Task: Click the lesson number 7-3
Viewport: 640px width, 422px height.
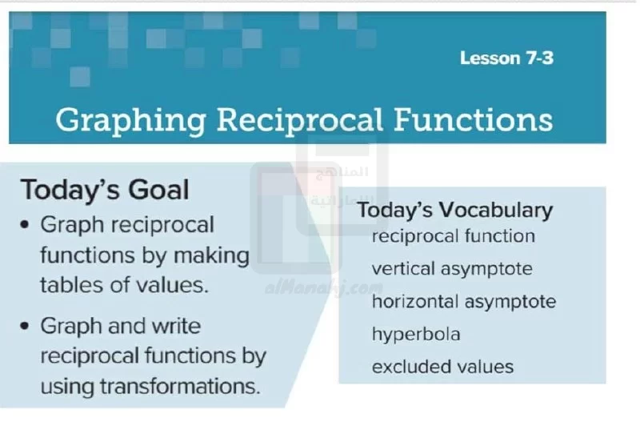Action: click(x=539, y=58)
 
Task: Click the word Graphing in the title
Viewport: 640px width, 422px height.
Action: click(x=130, y=121)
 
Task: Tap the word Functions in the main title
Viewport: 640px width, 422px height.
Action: click(x=473, y=119)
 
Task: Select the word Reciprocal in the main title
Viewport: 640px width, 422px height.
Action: click(x=299, y=121)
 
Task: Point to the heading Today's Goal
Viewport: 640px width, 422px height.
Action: click(x=105, y=190)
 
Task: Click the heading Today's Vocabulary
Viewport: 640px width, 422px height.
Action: click(x=455, y=211)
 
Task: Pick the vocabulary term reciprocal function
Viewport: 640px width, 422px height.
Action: click(x=453, y=236)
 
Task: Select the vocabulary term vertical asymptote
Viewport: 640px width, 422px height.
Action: click(x=452, y=269)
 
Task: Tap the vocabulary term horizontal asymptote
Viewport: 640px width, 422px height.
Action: click(x=464, y=302)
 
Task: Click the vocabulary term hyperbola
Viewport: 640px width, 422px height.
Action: click(x=416, y=335)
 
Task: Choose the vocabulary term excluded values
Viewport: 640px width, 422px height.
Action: click(x=442, y=367)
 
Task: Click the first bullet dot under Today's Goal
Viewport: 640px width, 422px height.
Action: click(x=25, y=225)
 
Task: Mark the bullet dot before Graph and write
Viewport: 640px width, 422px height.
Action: click(x=25, y=326)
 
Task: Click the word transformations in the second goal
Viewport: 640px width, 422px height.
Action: click(x=180, y=386)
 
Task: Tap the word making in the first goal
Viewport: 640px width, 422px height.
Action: click(x=211, y=256)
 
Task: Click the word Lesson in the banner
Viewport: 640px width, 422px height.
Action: click(x=490, y=58)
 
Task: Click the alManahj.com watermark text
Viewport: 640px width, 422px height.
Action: click(x=324, y=288)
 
